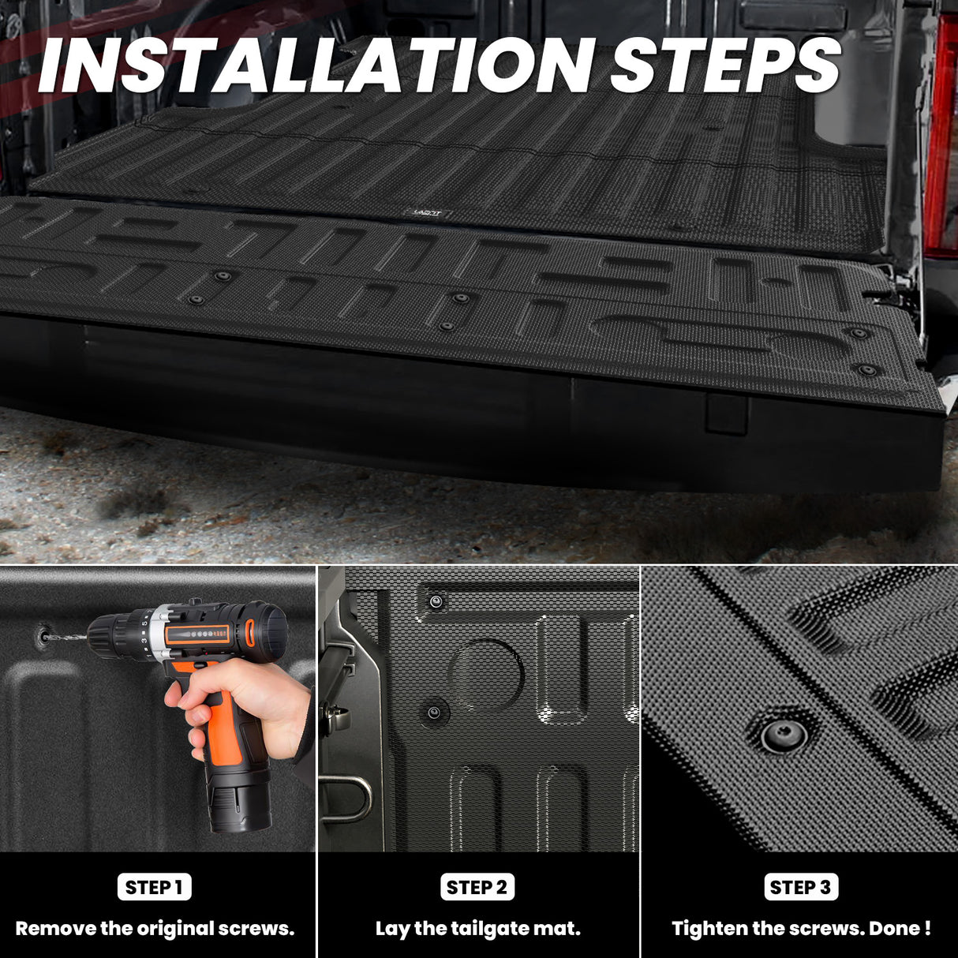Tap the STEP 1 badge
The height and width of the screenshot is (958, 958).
tap(155, 887)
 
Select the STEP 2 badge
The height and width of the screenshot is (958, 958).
tap(477, 887)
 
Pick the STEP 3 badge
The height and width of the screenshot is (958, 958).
tap(801, 887)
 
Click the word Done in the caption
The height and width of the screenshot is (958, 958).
tap(895, 929)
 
